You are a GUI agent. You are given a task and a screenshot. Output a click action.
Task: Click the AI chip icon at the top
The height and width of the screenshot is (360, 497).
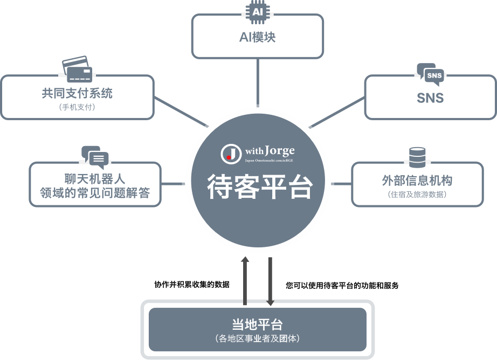point(258,12)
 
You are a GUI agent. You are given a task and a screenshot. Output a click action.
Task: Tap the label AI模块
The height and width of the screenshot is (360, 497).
point(257,37)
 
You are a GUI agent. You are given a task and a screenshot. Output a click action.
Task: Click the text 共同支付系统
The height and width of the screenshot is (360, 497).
point(77,93)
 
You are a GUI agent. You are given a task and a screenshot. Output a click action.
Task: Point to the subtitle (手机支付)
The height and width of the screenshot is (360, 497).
point(77,107)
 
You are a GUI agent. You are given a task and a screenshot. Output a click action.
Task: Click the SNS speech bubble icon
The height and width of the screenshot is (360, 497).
point(431,75)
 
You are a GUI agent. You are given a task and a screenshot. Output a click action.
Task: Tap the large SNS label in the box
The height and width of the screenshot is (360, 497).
point(430,98)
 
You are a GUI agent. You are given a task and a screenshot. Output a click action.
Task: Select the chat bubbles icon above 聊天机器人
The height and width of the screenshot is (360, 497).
point(95,157)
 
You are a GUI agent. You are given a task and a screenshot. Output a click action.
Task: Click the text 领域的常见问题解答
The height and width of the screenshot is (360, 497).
point(95,193)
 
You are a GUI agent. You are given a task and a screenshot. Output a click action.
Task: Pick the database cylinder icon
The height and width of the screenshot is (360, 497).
point(417,157)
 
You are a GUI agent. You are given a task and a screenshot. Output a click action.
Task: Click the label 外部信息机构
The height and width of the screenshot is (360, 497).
point(417,181)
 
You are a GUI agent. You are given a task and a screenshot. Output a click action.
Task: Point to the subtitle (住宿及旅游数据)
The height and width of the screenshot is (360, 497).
point(417,194)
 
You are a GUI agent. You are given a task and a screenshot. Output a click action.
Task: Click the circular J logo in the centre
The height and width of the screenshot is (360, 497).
point(231,154)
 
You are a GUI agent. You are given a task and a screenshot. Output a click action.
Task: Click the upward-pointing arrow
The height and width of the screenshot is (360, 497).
point(245,281)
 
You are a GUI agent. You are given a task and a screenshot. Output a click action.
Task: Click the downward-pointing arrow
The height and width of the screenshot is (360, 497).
point(270,281)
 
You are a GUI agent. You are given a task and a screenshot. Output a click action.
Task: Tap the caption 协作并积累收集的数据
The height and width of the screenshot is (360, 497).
point(192,285)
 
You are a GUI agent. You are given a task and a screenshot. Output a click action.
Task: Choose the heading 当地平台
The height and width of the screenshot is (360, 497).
point(257,324)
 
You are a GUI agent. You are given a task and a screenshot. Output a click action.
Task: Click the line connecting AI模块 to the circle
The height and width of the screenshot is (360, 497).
point(258,82)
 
